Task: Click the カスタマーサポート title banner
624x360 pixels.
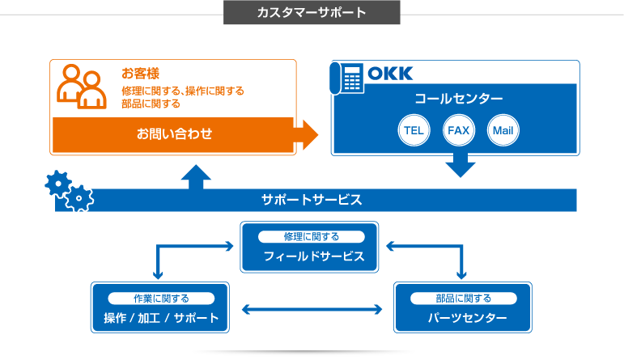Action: coord(312,12)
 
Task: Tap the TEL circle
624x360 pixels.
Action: coord(414,130)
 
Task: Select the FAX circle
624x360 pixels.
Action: coord(458,130)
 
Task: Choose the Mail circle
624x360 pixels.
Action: coord(503,130)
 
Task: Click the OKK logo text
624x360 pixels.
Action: coord(390,74)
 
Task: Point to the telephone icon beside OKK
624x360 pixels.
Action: coord(346,78)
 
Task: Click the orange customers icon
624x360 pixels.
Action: coord(82,87)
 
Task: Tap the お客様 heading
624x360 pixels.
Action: coord(141,74)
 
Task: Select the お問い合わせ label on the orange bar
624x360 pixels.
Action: coord(174,133)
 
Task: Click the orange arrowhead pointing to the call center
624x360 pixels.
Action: coord(308,135)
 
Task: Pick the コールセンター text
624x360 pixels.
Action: coord(458,98)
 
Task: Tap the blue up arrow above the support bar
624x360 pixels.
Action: coord(196,177)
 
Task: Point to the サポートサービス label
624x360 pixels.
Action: coord(312,200)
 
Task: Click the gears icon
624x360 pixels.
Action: coord(70,191)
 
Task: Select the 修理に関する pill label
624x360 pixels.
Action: coord(312,237)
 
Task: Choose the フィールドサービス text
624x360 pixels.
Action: coord(314,256)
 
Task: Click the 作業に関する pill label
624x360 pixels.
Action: coord(161,299)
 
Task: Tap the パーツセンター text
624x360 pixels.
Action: coord(468,318)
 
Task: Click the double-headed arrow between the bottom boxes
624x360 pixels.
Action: coord(312,310)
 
